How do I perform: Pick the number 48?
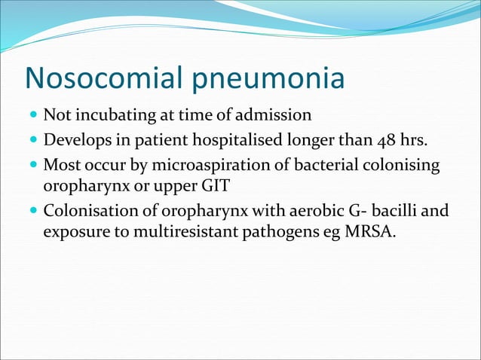[384, 140]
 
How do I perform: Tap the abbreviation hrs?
[415, 140]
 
